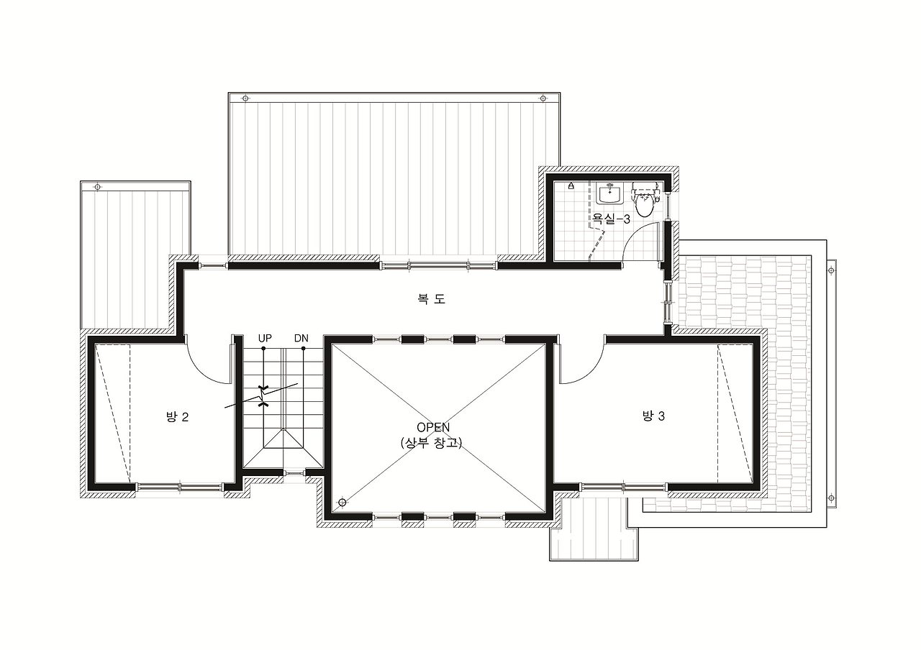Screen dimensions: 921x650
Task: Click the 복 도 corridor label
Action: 431,298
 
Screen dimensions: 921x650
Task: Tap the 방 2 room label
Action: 177,417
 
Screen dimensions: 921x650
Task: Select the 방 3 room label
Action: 653,416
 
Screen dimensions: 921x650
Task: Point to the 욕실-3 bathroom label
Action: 611,219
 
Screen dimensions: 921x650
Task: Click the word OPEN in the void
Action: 433,427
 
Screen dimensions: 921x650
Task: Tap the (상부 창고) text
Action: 431,443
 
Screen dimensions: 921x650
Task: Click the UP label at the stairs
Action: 265,338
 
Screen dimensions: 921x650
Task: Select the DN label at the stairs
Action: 301,338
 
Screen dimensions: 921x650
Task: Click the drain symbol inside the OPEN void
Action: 342,502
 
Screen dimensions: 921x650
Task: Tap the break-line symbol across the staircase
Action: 261,396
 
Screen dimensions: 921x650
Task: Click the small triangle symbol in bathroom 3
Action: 571,186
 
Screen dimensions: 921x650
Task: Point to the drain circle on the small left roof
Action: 97,187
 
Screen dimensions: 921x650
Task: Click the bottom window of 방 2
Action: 180,487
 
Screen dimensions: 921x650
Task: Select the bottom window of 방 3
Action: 623,487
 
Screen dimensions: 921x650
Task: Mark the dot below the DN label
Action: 304,349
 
